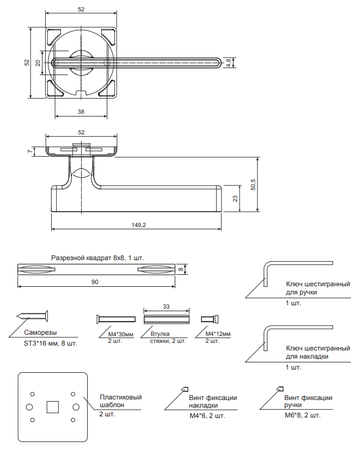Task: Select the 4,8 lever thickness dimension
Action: (229, 63)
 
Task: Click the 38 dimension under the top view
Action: (81, 111)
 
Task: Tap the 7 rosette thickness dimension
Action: (29, 151)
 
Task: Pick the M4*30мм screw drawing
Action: (114, 318)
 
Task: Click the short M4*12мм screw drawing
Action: (209, 318)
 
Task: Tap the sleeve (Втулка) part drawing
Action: (167, 318)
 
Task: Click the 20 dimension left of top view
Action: (38, 63)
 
